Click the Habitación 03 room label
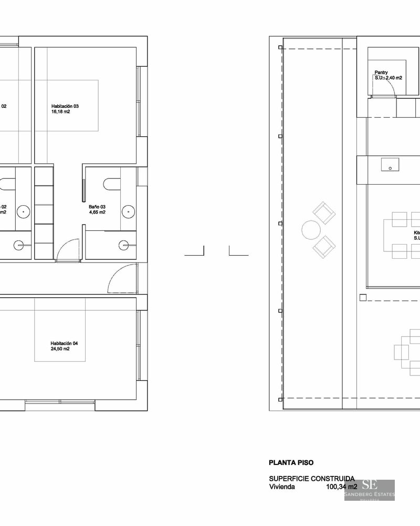tap(65, 106)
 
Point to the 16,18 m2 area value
tap(61, 112)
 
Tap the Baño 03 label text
tap(97, 207)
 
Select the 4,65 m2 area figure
tap(97, 213)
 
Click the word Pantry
tap(381, 72)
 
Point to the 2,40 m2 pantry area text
tap(393, 78)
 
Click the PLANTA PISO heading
tap(291, 463)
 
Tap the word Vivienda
tap(282, 487)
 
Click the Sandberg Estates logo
tap(370, 490)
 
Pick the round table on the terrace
tap(310, 229)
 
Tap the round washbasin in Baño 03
tap(128, 211)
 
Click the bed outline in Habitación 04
tap(60, 330)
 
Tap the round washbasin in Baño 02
tap(24, 211)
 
